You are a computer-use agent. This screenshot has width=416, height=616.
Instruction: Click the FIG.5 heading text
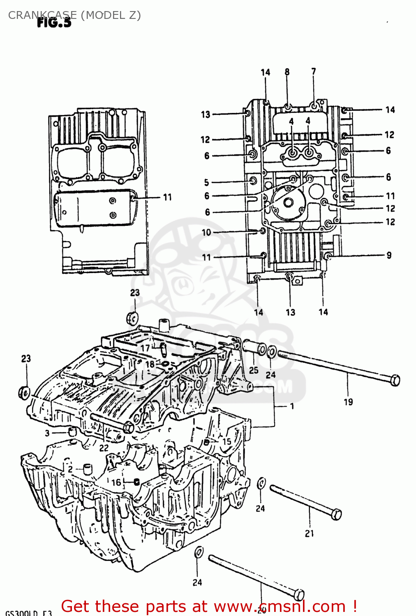coord(54,23)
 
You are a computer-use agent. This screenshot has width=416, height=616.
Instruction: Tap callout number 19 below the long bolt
coord(348,402)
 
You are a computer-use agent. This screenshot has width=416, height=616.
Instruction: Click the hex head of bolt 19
coord(394,380)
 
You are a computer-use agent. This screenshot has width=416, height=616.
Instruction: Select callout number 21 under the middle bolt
coord(309,533)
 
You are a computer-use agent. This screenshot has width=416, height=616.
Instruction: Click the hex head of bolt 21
coord(336,514)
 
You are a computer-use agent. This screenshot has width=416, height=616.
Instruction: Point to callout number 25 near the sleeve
coord(254,370)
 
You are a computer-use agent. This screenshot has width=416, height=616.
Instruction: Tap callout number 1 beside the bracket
coord(292,406)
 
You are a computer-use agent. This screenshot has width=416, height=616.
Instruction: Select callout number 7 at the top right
coord(314,71)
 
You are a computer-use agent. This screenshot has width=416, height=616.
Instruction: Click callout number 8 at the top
coord(287,72)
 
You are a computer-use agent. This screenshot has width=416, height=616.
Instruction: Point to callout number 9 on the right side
coord(389,255)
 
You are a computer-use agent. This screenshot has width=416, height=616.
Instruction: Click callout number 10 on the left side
coord(206,232)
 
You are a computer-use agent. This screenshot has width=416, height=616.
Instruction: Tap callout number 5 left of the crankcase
coord(206,182)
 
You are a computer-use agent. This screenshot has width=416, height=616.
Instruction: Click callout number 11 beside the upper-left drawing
coord(167,197)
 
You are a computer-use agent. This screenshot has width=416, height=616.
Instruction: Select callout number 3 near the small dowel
coord(47,433)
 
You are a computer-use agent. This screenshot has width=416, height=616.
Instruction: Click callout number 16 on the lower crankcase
coord(116,482)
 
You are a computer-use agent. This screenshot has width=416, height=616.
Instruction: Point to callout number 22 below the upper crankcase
coord(104,448)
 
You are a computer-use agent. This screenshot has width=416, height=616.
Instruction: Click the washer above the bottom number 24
coord(199,552)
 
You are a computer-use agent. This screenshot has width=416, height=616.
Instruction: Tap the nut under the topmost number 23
coord(132,318)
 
